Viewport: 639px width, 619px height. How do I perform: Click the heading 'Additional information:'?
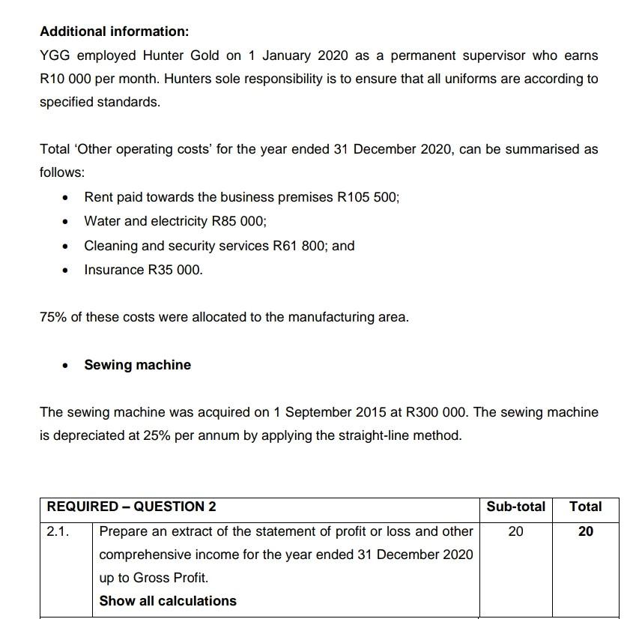(x=114, y=31)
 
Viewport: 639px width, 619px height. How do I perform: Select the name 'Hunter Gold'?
(x=186, y=55)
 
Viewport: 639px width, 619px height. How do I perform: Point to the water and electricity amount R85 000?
(x=239, y=221)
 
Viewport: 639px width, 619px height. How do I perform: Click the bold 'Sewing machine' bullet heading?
(x=137, y=365)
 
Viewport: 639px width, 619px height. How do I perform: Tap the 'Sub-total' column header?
(x=515, y=507)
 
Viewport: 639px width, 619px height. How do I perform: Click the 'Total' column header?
(x=585, y=507)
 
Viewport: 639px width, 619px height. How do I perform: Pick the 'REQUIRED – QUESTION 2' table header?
(x=131, y=507)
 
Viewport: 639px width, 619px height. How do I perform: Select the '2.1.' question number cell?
(x=58, y=531)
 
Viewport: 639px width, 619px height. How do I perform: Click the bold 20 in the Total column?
(x=585, y=531)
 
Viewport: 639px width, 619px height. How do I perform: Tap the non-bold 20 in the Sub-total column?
(x=515, y=531)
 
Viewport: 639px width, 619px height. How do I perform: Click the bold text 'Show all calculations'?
(x=168, y=601)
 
